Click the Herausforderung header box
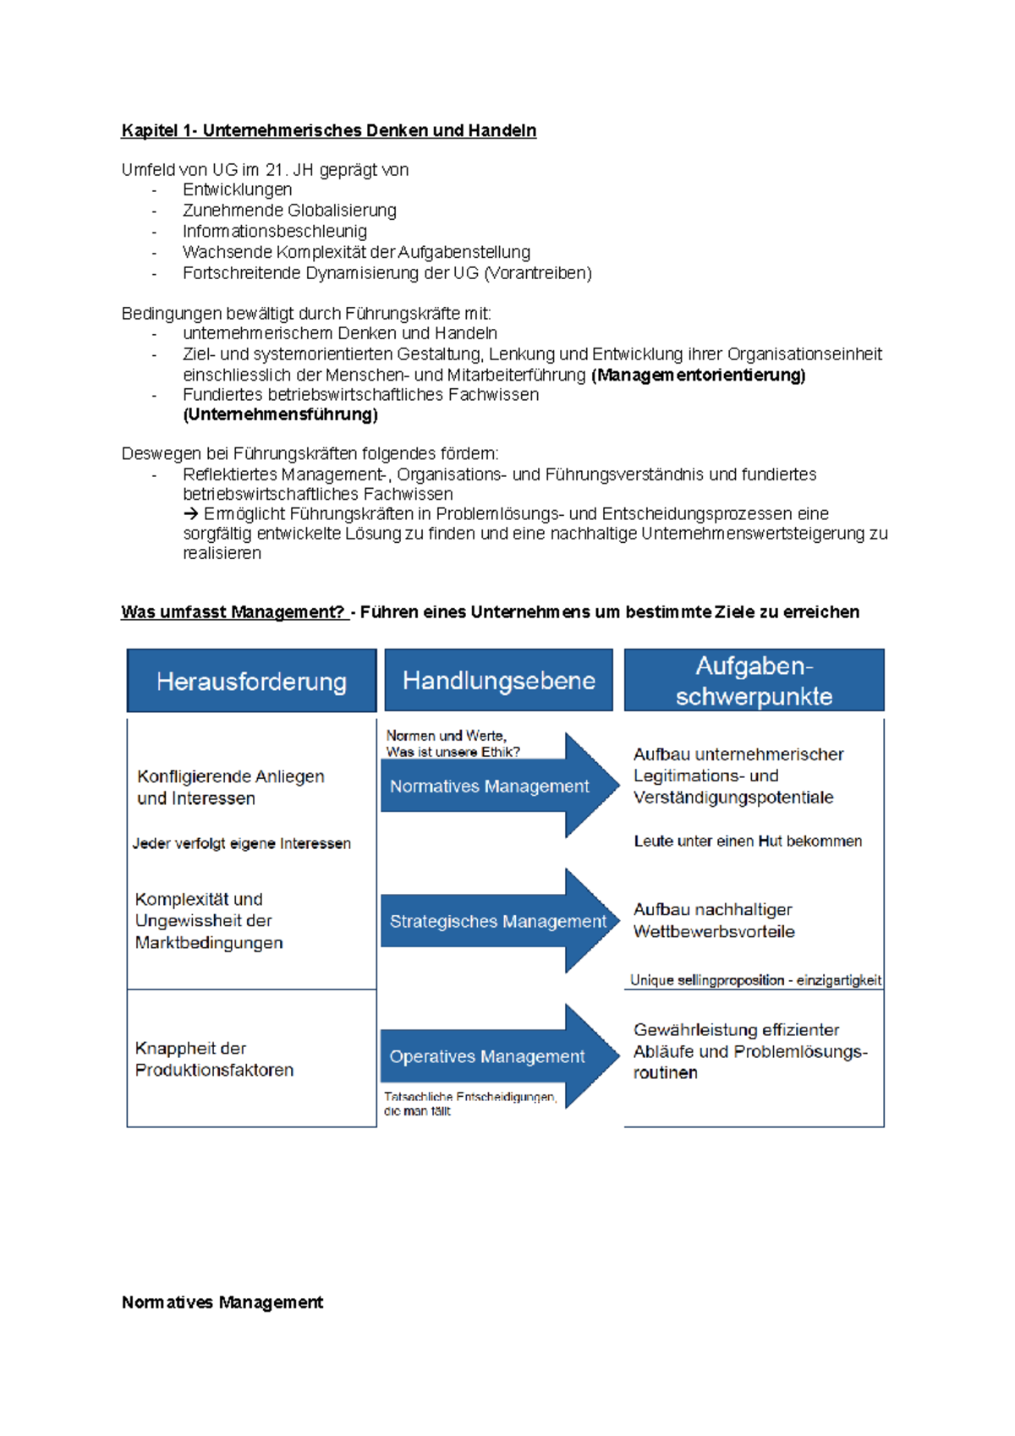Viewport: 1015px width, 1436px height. [251, 681]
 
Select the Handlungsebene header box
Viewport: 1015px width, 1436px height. [498, 680]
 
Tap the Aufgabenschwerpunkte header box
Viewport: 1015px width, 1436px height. [754, 680]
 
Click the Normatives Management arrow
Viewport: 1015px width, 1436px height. [498, 787]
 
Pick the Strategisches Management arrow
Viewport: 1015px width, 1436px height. [498, 921]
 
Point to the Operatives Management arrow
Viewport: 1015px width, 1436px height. [498, 1056]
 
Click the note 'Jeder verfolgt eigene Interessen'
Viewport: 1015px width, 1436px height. [241, 843]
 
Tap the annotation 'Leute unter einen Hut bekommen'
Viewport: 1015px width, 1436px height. [748, 841]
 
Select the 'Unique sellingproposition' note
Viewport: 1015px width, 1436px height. [755, 980]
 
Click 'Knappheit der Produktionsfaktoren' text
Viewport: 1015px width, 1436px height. [214, 1059]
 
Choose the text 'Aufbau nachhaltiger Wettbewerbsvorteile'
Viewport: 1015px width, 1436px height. [714, 920]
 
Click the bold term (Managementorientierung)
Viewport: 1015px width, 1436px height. [698, 375]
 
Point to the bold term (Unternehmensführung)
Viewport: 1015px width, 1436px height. [280, 414]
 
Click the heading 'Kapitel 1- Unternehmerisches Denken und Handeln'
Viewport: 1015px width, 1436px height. [328, 130]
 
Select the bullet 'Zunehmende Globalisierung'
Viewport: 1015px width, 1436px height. [289, 210]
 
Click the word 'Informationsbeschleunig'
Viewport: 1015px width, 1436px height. [274, 231]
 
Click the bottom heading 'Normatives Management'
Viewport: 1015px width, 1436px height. [222, 1302]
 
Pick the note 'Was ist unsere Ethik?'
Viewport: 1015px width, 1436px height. [453, 752]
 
